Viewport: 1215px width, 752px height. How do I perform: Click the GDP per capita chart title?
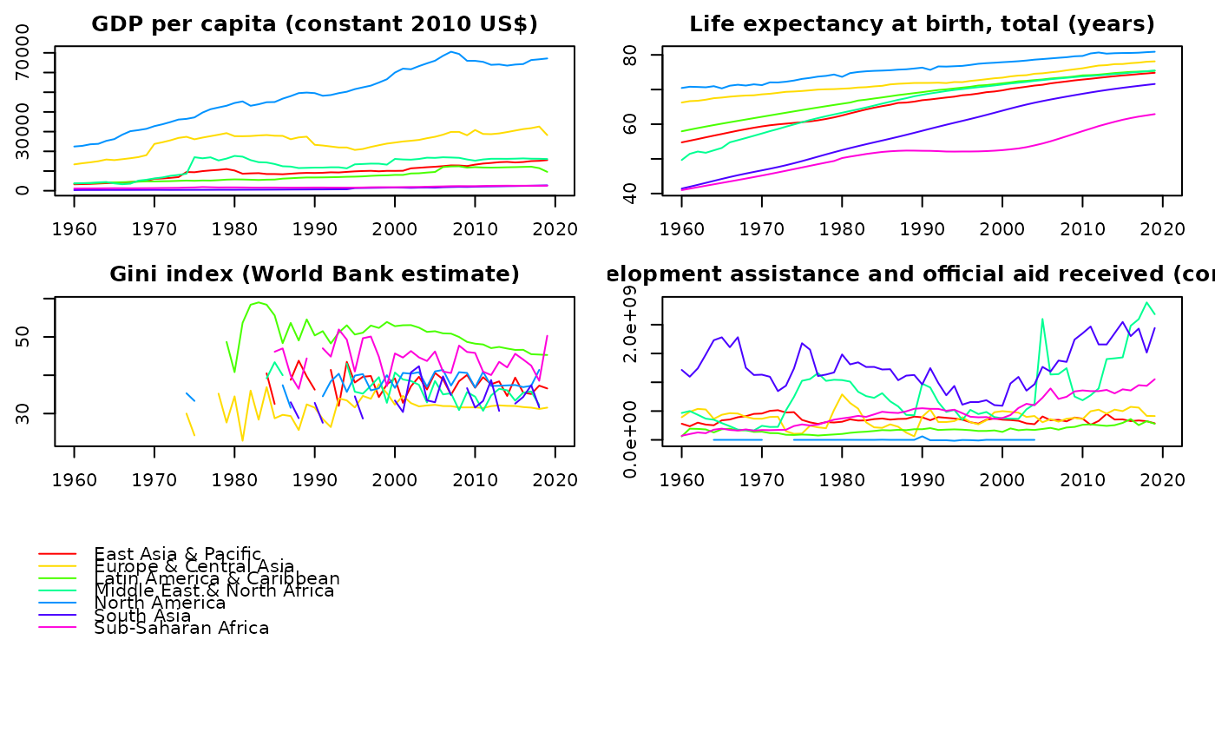tap(314, 24)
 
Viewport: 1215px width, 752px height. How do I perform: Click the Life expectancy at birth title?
tap(922, 24)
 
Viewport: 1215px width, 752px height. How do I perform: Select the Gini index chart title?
tap(314, 274)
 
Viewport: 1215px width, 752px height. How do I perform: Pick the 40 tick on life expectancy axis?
tap(631, 195)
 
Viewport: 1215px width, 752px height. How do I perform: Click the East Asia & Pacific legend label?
tap(177, 554)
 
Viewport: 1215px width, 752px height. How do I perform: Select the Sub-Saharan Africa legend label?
tap(181, 628)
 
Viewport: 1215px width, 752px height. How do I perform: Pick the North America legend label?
tap(160, 603)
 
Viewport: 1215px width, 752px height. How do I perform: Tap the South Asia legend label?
tap(141, 615)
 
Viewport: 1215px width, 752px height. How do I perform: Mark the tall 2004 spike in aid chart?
tap(1041, 319)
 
